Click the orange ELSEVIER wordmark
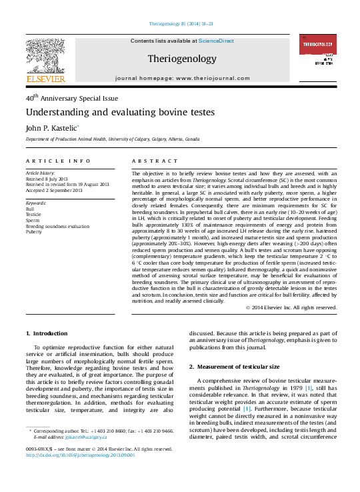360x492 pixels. coord(45,79)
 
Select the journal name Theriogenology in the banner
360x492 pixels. coord(180,58)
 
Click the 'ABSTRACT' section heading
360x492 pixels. coord(152,161)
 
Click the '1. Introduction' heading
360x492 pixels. coord(46,333)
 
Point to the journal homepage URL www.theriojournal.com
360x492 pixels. coord(207,78)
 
